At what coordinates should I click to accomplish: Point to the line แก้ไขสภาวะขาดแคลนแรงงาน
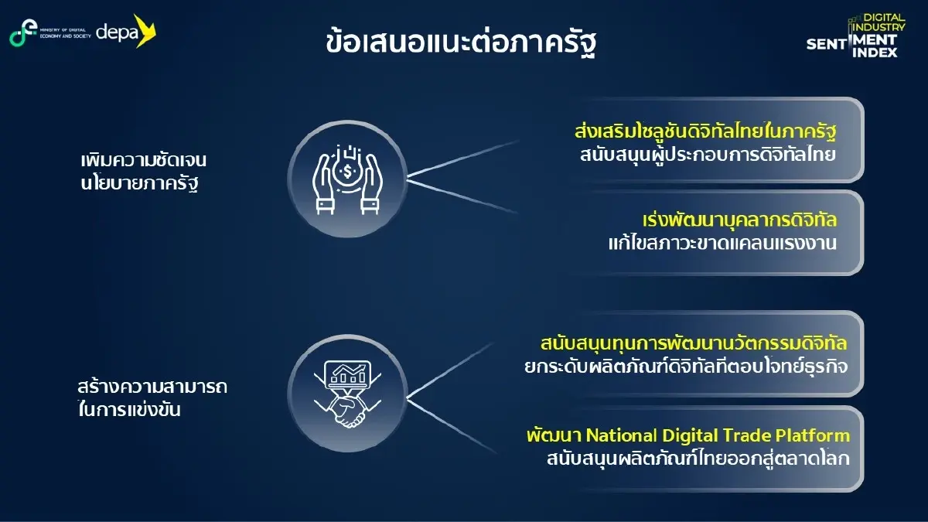723,242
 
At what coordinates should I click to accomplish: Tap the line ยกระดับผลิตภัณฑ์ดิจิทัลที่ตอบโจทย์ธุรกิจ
681,365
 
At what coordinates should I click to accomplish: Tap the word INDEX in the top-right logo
875,53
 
